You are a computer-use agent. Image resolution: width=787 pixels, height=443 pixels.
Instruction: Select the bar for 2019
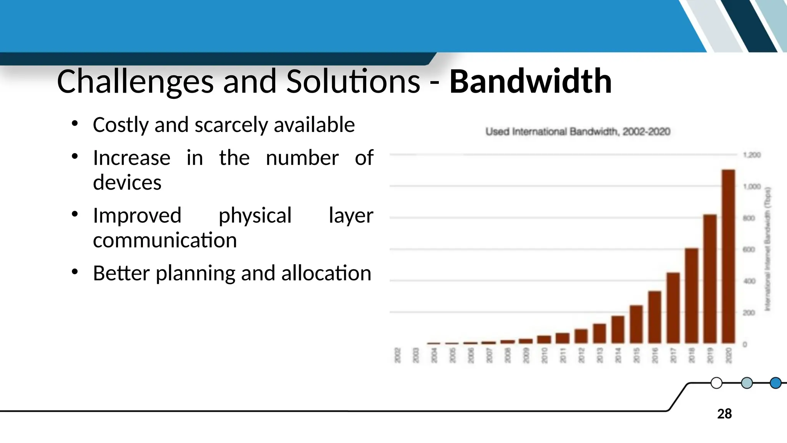click(x=710, y=279)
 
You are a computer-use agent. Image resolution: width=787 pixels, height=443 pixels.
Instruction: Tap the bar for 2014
click(x=618, y=330)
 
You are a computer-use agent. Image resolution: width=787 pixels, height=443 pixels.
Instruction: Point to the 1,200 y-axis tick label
click(x=752, y=155)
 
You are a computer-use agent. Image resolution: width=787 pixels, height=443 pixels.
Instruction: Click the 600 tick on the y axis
click(x=749, y=250)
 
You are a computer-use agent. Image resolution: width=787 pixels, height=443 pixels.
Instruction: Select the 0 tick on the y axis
click(x=745, y=345)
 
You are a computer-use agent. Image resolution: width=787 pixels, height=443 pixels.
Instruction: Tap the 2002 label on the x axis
click(x=398, y=355)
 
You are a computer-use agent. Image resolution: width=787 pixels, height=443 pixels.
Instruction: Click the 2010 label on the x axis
click(x=545, y=355)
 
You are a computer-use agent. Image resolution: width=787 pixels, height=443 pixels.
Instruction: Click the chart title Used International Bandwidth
click(x=578, y=132)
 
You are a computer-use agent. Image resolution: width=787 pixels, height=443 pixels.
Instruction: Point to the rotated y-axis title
click(x=767, y=249)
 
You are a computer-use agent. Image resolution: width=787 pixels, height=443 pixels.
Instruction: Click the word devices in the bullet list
click(x=127, y=182)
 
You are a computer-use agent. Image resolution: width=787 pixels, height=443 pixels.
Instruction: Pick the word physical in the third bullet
click(x=255, y=215)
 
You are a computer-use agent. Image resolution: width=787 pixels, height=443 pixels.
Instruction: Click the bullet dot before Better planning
click(x=75, y=272)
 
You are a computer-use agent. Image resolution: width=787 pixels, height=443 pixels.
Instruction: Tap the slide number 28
click(x=724, y=414)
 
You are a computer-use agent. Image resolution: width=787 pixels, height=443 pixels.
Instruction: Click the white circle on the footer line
click(x=716, y=383)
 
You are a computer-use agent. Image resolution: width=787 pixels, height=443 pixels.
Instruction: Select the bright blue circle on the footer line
click(x=775, y=383)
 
